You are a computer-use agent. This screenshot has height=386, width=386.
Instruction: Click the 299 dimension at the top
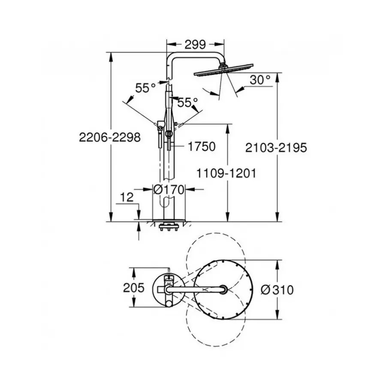click(x=196, y=45)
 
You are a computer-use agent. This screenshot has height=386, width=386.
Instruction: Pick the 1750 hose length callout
click(x=201, y=147)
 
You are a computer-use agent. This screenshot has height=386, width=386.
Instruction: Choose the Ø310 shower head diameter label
click(x=277, y=290)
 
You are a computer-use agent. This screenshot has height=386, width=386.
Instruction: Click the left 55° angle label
click(x=145, y=88)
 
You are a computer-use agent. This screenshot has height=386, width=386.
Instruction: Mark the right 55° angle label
click(x=187, y=102)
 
